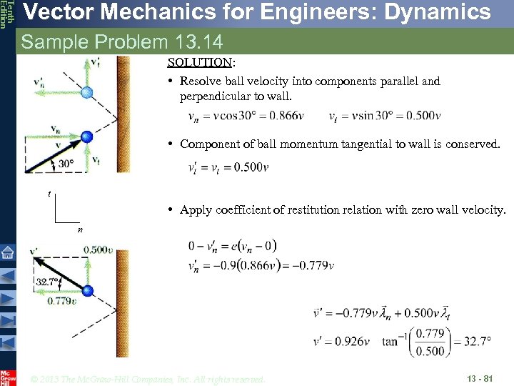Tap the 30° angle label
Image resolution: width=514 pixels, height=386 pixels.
[x=66, y=164]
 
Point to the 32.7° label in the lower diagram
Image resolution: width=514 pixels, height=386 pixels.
[x=48, y=282]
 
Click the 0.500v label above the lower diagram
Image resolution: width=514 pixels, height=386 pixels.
[x=99, y=249]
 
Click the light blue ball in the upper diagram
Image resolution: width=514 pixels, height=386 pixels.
[x=86, y=92]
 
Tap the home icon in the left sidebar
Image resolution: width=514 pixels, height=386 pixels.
[x=7, y=252]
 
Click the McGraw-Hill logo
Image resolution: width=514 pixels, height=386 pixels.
[x=8, y=378]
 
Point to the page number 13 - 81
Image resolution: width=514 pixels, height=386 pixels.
[x=479, y=378]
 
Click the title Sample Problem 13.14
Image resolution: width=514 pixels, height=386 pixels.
[x=122, y=42]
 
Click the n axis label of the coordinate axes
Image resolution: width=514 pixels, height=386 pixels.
[x=81, y=230]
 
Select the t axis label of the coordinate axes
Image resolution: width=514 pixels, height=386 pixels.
[x=49, y=194]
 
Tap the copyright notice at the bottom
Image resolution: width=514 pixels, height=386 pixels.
[x=148, y=379]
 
